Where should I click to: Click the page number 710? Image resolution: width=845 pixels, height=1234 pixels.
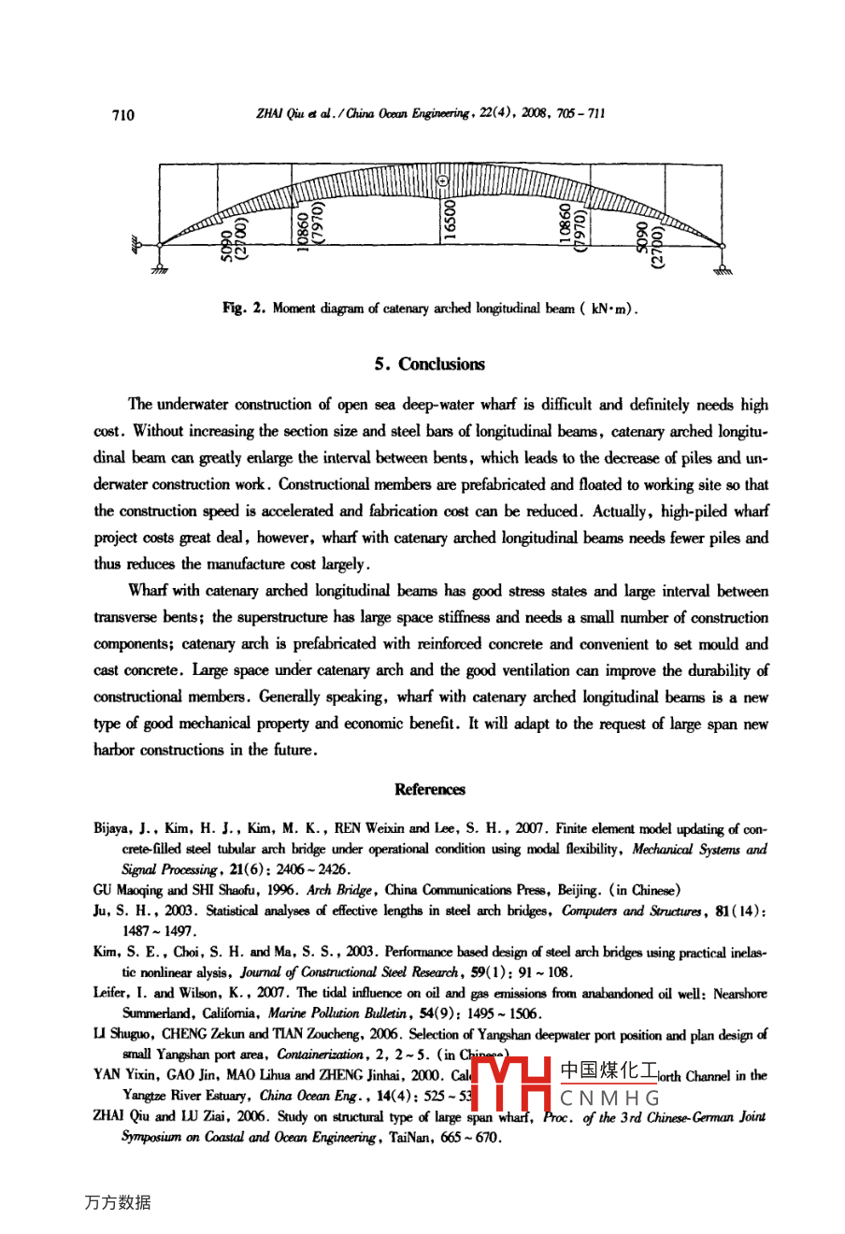[x=122, y=115]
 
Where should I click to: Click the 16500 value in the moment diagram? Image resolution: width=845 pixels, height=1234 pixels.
[x=450, y=221]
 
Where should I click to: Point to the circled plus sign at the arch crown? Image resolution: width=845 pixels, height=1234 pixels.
[x=442, y=181]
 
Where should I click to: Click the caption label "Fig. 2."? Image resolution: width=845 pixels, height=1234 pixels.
[x=244, y=308]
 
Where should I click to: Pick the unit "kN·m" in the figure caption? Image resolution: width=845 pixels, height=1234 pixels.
[x=610, y=308]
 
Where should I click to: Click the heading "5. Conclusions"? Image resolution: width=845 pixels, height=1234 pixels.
[x=430, y=365]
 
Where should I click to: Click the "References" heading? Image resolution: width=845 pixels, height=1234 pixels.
[x=430, y=789]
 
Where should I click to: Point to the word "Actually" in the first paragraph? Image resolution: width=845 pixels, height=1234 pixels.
[x=621, y=511]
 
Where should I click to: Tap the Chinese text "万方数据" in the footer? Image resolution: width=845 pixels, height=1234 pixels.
[x=117, y=1203]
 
